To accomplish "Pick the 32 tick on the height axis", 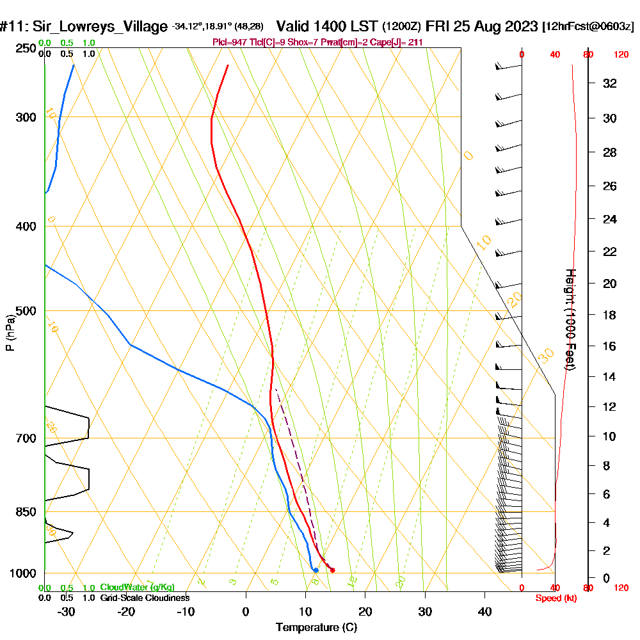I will [x=611, y=83].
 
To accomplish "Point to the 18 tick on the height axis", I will [x=611, y=315].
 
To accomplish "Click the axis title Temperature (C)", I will [x=316, y=628].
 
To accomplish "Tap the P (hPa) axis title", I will [x=10, y=332].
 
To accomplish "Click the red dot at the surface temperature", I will [x=332, y=570].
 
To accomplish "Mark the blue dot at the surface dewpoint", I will [x=316, y=570].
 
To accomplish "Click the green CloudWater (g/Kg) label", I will [x=137, y=588].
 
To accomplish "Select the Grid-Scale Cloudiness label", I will [x=145, y=598].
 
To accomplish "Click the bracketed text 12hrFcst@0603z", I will [x=588, y=27].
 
